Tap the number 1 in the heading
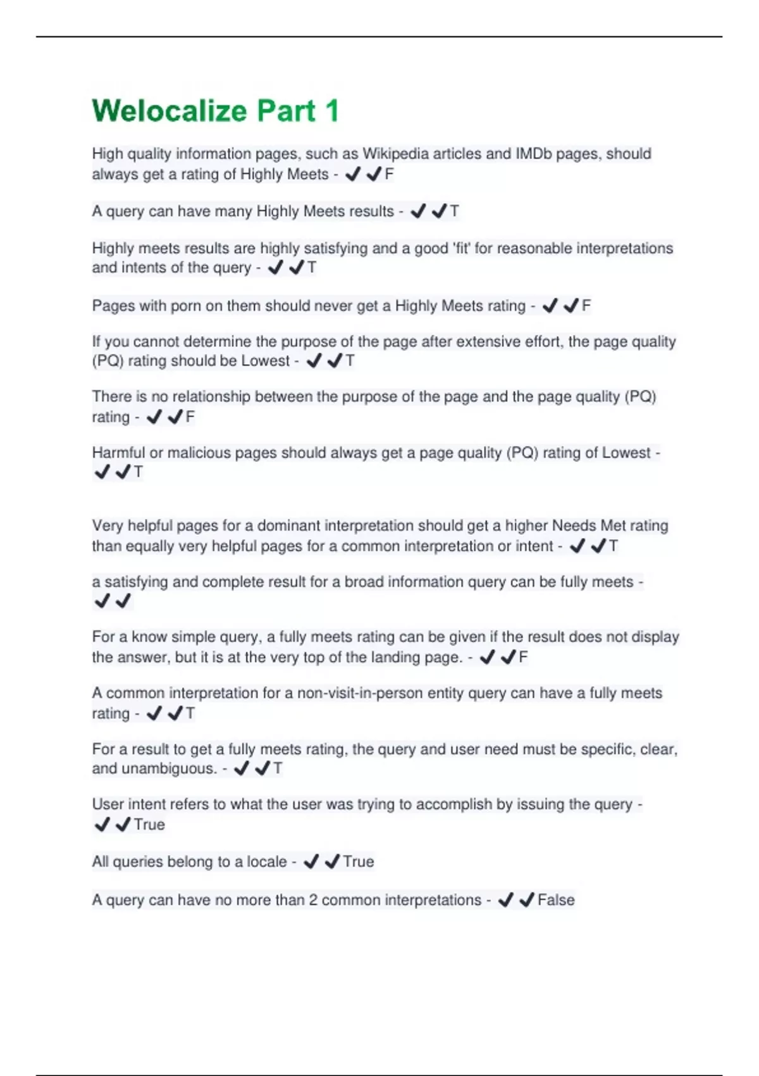pyautogui.click(x=331, y=111)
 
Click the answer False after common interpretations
pyautogui.click(x=556, y=900)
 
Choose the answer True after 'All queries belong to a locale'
pyautogui.click(x=359, y=861)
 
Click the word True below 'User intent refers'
pyautogui.click(x=149, y=825)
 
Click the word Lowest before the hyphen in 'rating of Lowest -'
pyautogui.click(x=626, y=453)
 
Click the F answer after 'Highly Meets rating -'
pyautogui.click(x=586, y=306)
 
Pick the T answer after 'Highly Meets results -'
pyautogui.click(x=454, y=211)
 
